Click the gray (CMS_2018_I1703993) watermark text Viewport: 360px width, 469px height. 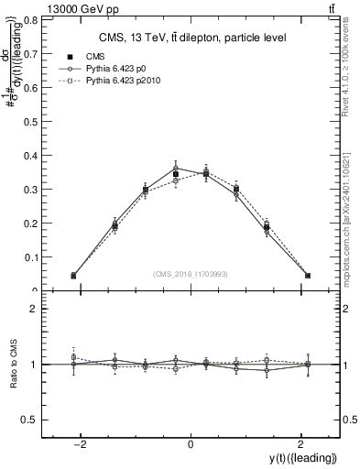coord(191,274)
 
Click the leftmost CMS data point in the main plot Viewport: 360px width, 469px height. coord(73,275)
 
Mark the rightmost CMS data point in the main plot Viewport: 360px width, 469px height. coord(308,275)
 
